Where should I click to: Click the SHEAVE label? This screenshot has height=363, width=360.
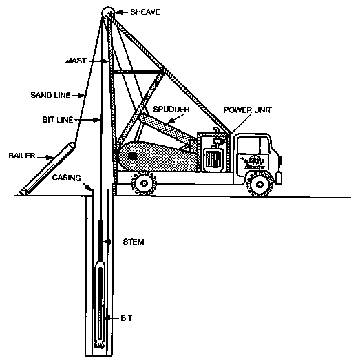point(145,12)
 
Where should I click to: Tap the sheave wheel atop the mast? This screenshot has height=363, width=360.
point(108,12)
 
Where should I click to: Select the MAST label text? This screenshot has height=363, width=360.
point(76,61)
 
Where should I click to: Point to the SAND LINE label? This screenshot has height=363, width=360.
point(51,95)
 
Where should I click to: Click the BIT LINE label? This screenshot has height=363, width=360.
point(58,120)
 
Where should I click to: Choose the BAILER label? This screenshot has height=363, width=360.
point(22,156)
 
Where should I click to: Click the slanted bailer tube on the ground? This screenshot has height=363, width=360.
point(49,169)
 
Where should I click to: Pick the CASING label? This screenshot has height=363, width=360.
point(66,178)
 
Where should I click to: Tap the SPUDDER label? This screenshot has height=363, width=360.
point(171,110)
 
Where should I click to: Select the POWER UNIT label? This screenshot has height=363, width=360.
point(248,110)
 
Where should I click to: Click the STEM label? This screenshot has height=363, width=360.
point(134,242)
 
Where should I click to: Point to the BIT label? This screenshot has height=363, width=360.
point(127,318)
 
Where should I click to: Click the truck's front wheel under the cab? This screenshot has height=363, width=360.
point(260,185)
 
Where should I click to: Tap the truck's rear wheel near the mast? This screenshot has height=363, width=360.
point(144,183)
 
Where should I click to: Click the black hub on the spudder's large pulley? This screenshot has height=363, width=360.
point(133,156)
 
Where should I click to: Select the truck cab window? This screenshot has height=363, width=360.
point(254,145)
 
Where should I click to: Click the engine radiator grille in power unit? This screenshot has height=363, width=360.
point(213,160)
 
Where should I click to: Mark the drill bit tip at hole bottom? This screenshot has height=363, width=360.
point(100,345)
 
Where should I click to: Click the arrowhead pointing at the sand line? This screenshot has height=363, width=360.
point(81,95)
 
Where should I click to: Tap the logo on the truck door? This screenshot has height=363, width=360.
point(255,162)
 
